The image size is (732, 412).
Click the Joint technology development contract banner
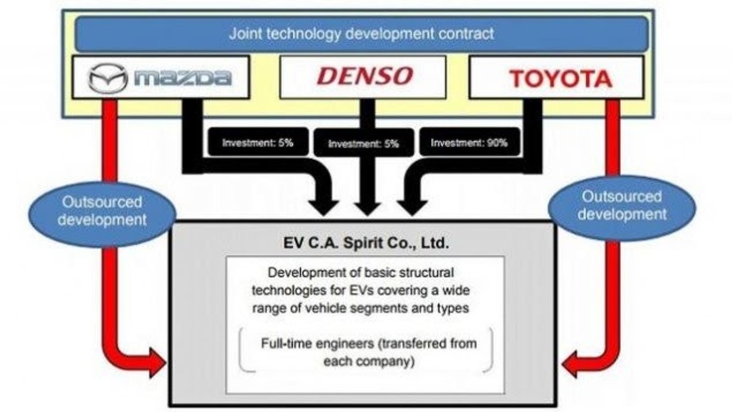coord(361,34)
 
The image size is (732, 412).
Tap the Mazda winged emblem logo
coord(108,78)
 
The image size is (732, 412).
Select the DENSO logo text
coord(365,76)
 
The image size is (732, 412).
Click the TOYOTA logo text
coord(560,78)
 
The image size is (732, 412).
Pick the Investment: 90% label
coord(469,142)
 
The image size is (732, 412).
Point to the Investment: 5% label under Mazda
coord(258,142)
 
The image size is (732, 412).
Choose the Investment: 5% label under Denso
coord(363,144)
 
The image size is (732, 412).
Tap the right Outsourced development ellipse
coord(621,205)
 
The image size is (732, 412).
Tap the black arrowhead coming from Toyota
coord(411,205)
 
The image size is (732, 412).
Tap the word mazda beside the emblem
coord(182,78)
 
